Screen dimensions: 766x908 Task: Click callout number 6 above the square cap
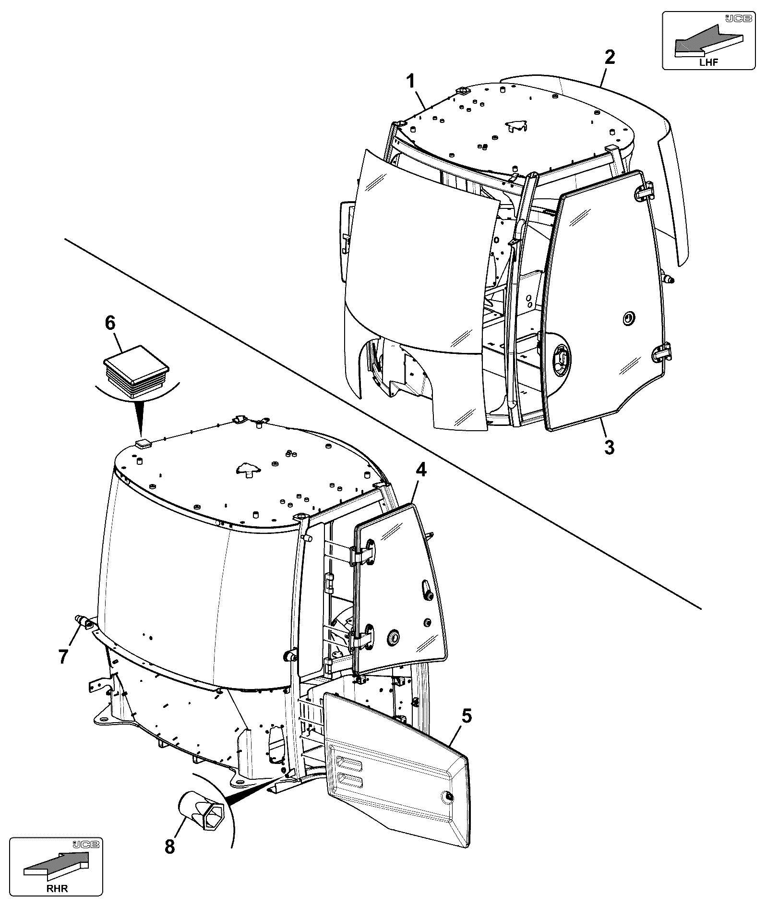point(110,323)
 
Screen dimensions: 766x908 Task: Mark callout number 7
point(63,656)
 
